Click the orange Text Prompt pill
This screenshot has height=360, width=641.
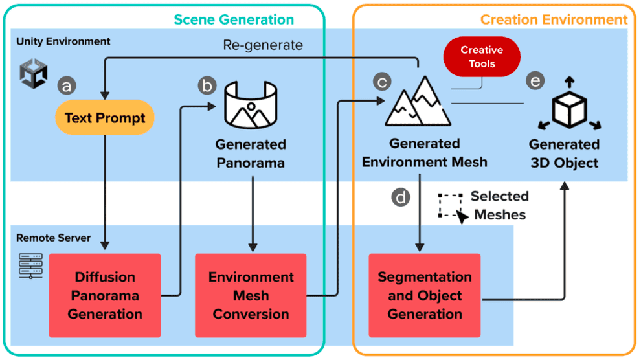click(x=105, y=118)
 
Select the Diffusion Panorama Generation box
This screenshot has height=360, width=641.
click(x=105, y=296)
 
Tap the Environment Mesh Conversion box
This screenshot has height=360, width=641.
click(x=251, y=296)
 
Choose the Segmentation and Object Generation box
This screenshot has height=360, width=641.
click(x=424, y=296)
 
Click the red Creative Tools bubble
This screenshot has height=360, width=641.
click(x=482, y=57)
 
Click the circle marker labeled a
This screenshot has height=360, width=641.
click(x=67, y=85)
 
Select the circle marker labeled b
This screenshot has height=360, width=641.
click(x=207, y=85)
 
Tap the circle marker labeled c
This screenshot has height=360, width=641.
click(x=381, y=82)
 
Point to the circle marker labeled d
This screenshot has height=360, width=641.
click(x=401, y=197)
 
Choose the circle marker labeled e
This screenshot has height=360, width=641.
click(x=535, y=81)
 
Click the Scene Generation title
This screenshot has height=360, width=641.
click(x=234, y=20)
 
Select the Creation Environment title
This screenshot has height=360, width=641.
click(x=554, y=20)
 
